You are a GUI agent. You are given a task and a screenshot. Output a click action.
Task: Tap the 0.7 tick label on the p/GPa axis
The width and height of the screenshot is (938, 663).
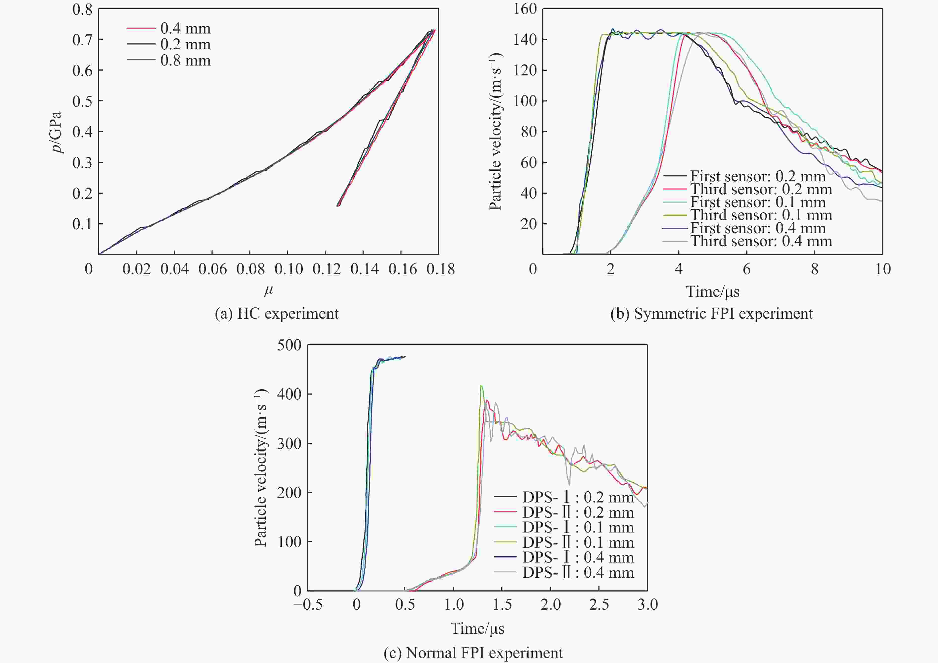click(82, 40)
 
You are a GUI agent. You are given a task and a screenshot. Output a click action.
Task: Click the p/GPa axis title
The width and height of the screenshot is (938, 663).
click(56, 132)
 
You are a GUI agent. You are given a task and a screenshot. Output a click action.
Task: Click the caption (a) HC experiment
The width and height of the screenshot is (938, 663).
click(277, 314)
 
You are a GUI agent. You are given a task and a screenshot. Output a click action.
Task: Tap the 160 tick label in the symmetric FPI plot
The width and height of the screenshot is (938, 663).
click(525, 9)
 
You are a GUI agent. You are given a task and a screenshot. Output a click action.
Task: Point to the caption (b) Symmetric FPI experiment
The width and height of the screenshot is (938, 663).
click(711, 314)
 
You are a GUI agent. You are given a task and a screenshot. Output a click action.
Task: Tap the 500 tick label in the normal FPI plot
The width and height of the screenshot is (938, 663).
click(289, 345)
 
